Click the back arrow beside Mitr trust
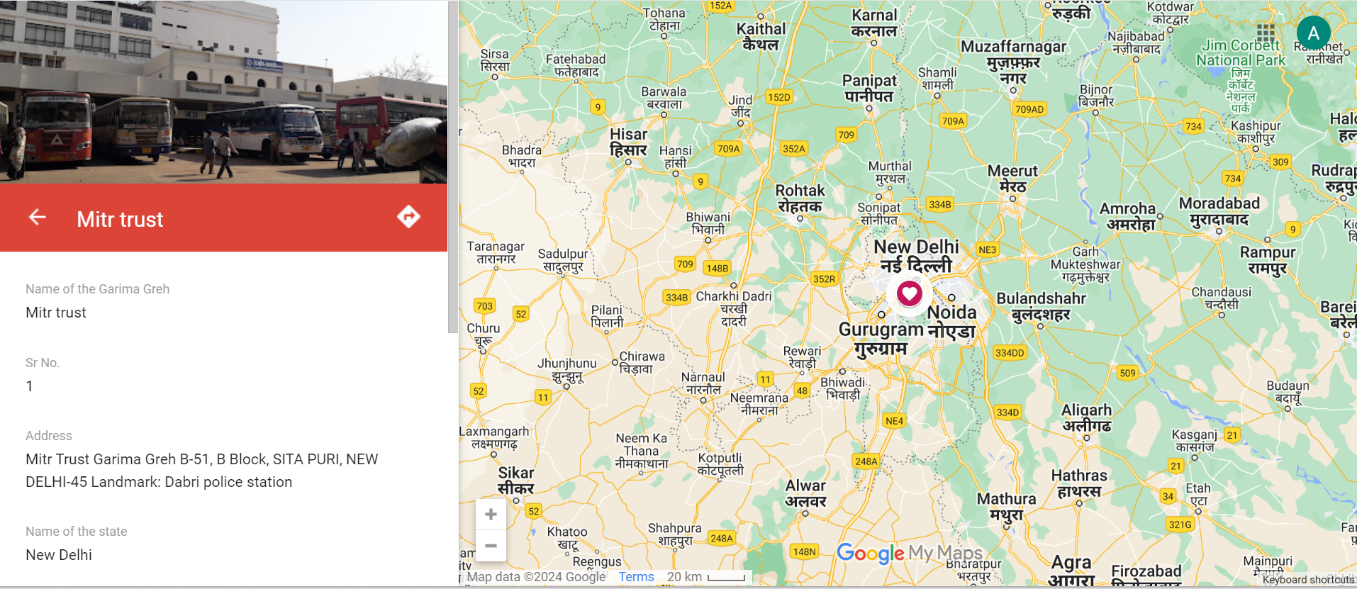point(38,218)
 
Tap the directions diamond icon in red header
point(408,217)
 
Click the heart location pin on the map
point(909,293)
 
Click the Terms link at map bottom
point(636,577)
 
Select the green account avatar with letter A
point(1313,33)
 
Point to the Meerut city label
point(1012,179)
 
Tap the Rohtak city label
point(800,198)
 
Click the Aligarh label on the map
point(1086,417)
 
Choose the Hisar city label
point(628,142)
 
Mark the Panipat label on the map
point(869,88)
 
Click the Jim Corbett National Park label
point(1241,53)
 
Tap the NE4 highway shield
point(894,421)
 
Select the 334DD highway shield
point(1010,353)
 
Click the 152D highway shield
point(778,97)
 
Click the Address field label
point(49,436)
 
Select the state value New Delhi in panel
point(59,555)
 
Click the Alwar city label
point(805,493)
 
